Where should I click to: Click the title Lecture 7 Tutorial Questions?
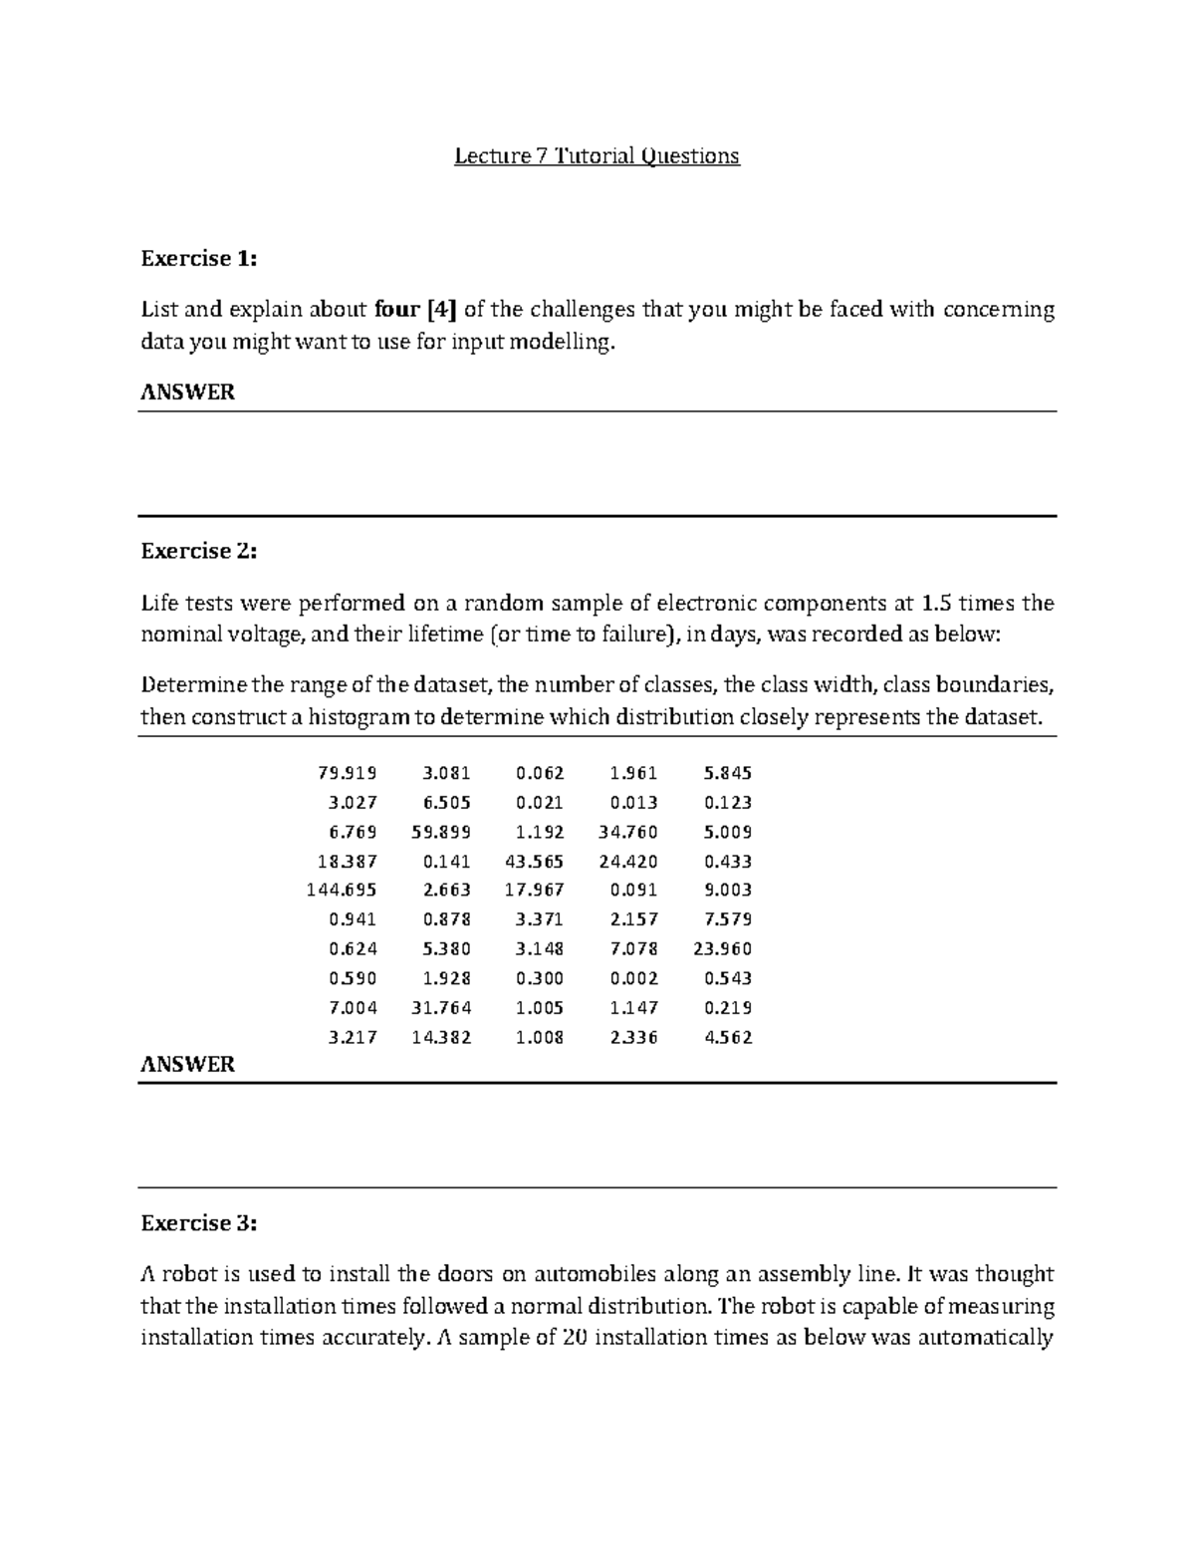pyautogui.click(x=597, y=156)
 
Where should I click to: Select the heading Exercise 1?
pyautogui.click(x=198, y=259)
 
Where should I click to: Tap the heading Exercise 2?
pyautogui.click(x=198, y=551)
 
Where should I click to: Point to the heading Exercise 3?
pyautogui.click(x=198, y=1223)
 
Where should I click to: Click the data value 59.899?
pyautogui.click(x=441, y=832)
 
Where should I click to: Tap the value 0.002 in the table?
pyautogui.click(x=633, y=978)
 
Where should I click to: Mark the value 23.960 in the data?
pyautogui.click(x=722, y=949)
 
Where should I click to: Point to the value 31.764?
pyautogui.click(x=441, y=1008)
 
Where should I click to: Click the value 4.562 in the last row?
pyautogui.click(x=728, y=1037)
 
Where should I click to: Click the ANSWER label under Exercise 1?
pyautogui.click(x=187, y=392)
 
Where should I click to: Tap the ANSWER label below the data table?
pyautogui.click(x=187, y=1065)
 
